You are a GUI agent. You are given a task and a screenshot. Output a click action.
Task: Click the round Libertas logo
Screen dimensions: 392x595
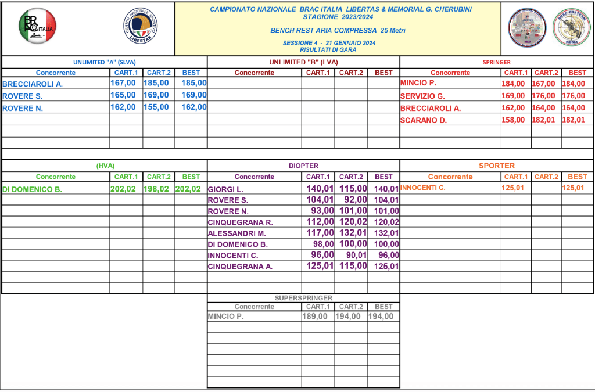tap(141, 27)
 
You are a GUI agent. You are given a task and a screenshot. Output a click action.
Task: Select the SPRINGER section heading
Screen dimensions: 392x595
tap(497, 62)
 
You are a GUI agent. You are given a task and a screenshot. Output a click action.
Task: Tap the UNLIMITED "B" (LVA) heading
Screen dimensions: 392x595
tap(303, 62)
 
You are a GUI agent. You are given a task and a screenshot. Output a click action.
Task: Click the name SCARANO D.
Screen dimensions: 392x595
tap(423, 120)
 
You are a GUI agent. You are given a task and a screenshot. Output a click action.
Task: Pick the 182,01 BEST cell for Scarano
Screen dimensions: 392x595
tap(574, 120)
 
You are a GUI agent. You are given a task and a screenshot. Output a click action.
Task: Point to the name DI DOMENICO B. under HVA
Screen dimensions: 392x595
tap(32, 189)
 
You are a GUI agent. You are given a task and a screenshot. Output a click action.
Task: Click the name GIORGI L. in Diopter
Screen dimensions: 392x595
tap(226, 189)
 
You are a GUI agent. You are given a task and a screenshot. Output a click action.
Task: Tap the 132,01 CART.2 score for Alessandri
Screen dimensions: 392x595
tap(353, 233)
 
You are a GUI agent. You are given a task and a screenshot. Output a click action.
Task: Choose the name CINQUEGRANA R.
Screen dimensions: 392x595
tap(240, 222)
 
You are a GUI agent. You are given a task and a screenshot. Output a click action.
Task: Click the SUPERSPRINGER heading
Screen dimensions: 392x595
tap(303, 298)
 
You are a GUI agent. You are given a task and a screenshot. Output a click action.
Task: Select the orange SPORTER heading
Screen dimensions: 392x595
tap(497, 166)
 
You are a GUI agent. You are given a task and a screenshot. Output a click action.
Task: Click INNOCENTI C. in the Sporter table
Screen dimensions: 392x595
tap(423, 188)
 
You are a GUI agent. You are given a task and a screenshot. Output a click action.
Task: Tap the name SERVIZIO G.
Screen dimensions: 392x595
tap(422, 96)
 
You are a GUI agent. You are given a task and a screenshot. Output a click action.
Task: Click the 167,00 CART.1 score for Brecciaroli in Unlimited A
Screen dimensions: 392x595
tap(123, 83)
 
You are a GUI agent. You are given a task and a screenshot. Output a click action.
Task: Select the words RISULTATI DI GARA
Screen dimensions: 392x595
tap(337, 50)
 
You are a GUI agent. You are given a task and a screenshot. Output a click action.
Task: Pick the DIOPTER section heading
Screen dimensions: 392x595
tap(303, 166)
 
